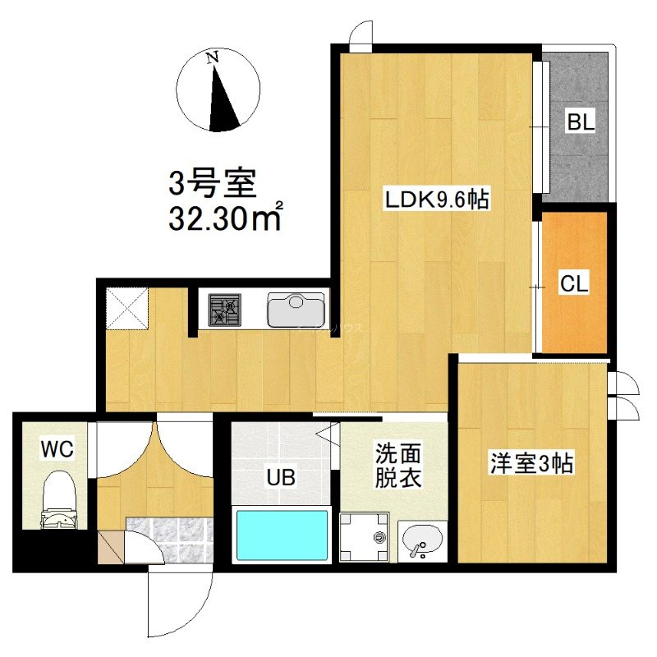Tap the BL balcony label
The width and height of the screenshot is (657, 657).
click(581, 124)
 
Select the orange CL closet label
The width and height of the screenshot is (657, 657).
click(574, 283)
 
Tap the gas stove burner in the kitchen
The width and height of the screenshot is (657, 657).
click(226, 310)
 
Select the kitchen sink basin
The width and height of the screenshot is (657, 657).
click(296, 310)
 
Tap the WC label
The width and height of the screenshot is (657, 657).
click(57, 448)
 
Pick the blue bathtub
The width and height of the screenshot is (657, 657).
click(282, 535)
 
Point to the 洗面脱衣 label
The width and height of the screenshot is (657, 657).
click(398, 465)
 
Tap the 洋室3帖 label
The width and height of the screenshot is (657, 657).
click(531, 464)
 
